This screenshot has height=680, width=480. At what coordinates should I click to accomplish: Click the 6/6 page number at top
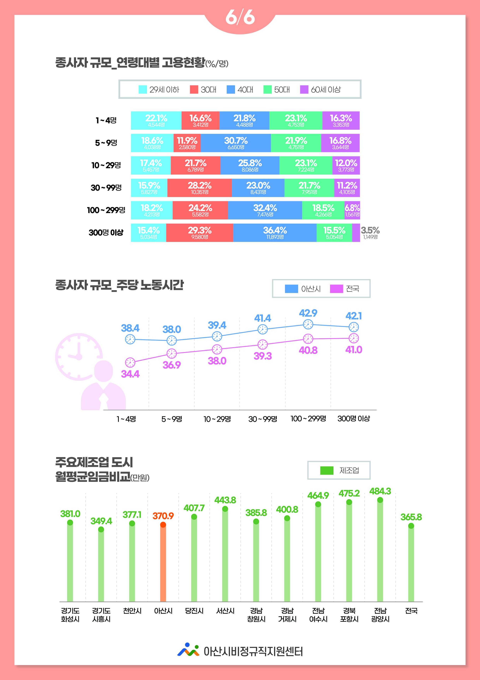(x=240, y=18)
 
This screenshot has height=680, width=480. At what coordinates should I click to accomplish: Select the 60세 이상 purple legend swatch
(x=304, y=89)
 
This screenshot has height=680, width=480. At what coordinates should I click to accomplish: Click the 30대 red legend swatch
(x=194, y=89)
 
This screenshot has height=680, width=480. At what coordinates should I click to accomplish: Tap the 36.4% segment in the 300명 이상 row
(x=275, y=233)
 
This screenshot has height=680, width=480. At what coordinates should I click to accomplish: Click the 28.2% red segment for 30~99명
(x=200, y=188)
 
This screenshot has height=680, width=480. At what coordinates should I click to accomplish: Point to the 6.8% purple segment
(x=352, y=210)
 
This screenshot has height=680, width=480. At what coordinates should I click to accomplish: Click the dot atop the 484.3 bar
(x=380, y=500)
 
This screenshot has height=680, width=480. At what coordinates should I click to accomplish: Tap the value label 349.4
(x=101, y=521)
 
